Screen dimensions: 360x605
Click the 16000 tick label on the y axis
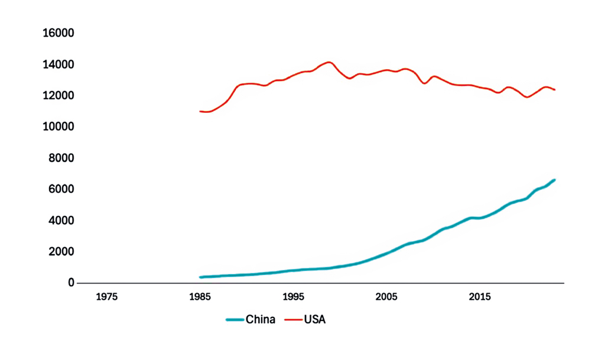click(x=58, y=33)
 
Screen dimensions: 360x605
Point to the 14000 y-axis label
click(x=58, y=64)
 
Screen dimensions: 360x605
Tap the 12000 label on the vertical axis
click(x=58, y=96)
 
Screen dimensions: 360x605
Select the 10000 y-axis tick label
click(x=58, y=127)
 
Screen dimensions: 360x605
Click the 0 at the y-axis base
click(x=71, y=283)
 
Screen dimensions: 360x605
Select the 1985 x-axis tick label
click(x=200, y=297)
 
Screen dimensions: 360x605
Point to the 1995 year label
click(x=294, y=297)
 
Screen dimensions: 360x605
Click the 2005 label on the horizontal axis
click(x=387, y=297)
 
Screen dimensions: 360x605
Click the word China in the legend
click(x=260, y=320)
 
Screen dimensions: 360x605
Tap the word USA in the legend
click(x=315, y=320)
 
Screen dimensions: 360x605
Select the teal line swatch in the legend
click(x=235, y=320)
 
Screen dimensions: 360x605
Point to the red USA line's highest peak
click(x=328, y=62)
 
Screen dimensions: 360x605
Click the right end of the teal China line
click(x=554, y=180)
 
